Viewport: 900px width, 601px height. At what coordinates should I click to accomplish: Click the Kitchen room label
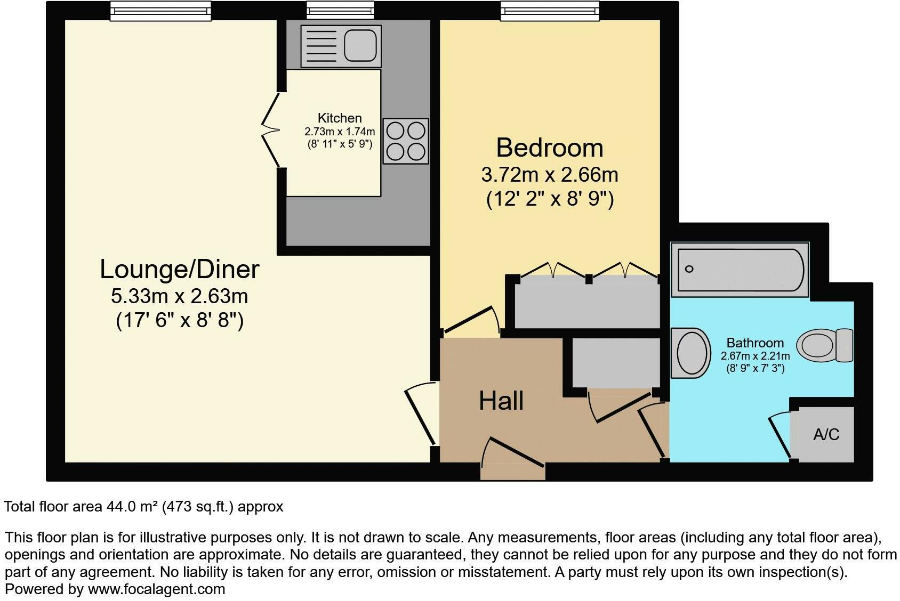(340, 118)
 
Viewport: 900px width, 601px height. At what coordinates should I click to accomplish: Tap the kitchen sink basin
(360, 46)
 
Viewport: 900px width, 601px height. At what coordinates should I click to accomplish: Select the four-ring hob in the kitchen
(405, 141)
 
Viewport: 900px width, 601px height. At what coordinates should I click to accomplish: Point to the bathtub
(740, 270)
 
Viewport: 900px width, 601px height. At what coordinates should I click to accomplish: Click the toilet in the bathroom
(824, 345)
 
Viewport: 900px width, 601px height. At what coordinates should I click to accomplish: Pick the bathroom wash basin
(690, 353)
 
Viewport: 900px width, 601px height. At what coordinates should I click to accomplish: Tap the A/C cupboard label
(826, 434)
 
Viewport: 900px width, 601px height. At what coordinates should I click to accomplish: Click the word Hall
(501, 401)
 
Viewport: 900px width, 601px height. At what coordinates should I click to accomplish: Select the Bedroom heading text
(550, 148)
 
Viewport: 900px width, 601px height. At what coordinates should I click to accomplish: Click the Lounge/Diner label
(179, 269)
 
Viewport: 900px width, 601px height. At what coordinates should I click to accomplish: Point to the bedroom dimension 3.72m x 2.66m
(550, 175)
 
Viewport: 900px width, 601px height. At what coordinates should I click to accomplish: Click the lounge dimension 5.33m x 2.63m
(179, 296)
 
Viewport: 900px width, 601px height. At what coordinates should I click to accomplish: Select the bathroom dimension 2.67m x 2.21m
(755, 356)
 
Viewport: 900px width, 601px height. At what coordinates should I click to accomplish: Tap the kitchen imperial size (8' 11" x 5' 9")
(340, 144)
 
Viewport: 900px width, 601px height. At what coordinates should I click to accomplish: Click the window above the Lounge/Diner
(160, 11)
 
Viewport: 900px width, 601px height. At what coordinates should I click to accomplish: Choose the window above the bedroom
(550, 11)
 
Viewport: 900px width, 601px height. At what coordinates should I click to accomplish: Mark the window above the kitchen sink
(340, 10)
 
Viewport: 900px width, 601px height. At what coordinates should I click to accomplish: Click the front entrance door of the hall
(513, 459)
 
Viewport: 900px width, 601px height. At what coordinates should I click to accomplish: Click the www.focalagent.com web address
(156, 589)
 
